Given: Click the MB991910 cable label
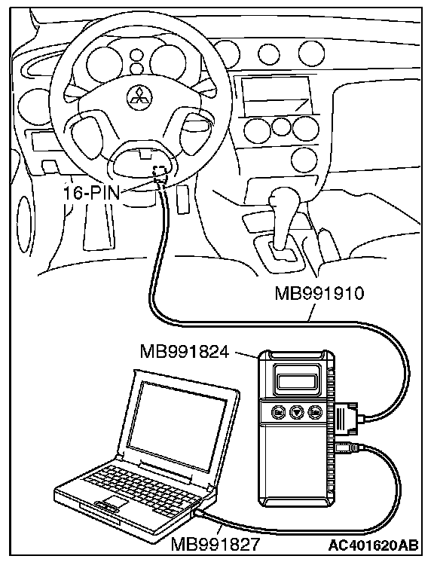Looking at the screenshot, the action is [x=319, y=293].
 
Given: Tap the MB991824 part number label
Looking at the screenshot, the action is [x=184, y=352].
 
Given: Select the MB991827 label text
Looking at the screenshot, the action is [x=215, y=545].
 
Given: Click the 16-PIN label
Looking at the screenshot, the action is [x=91, y=193].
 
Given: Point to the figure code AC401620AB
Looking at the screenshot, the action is [x=373, y=545].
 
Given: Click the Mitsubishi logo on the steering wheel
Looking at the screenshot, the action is [x=139, y=97].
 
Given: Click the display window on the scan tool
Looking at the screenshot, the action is [x=296, y=381].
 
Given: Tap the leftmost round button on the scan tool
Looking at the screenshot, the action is [x=279, y=412].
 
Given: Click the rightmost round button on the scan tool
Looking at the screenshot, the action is [x=315, y=412].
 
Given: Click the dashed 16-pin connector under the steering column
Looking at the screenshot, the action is [x=160, y=172].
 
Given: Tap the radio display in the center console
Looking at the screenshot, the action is [x=275, y=96].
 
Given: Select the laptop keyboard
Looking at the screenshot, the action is [x=139, y=487].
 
